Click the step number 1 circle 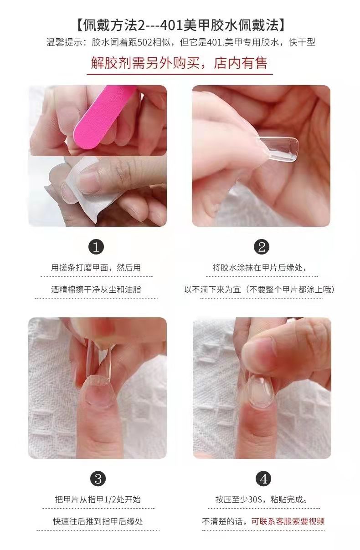click(x=96, y=247)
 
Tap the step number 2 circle click(x=262, y=247)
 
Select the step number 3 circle click(x=98, y=479)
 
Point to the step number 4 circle click(x=263, y=479)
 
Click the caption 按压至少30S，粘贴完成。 click(x=262, y=499)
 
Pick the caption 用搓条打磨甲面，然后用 click(x=96, y=268)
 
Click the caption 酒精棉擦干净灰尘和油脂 click(x=96, y=289)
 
